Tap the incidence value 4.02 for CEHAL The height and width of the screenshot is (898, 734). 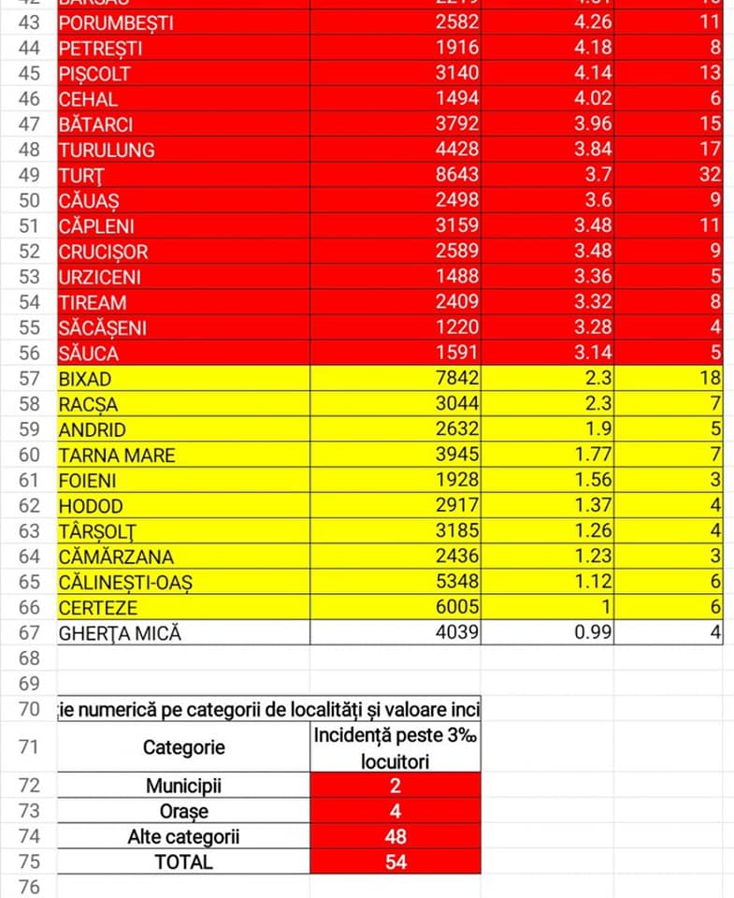coord(593,98)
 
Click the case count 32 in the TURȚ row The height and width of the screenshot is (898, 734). coord(709,175)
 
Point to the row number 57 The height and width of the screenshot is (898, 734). coord(28,379)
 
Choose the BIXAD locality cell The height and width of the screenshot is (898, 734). coord(85,379)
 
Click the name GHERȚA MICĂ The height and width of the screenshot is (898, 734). coord(120,633)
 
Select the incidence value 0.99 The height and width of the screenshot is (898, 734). coord(593,633)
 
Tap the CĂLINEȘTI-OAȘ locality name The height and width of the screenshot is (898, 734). coord(126,583)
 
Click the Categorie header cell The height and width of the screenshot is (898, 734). coord(183,747)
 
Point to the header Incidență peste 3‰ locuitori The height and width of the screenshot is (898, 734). coord(395,747)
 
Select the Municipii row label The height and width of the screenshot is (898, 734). coord(183,786)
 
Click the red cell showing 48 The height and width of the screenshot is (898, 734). coord(395,836)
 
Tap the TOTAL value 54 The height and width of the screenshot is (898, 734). coord(395,862)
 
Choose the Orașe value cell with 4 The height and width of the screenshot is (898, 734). coord(395,811)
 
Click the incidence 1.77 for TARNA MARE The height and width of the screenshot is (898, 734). coord(593,456)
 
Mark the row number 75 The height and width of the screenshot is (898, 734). coord(28,862)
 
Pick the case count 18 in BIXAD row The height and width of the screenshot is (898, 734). coord(709,379)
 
